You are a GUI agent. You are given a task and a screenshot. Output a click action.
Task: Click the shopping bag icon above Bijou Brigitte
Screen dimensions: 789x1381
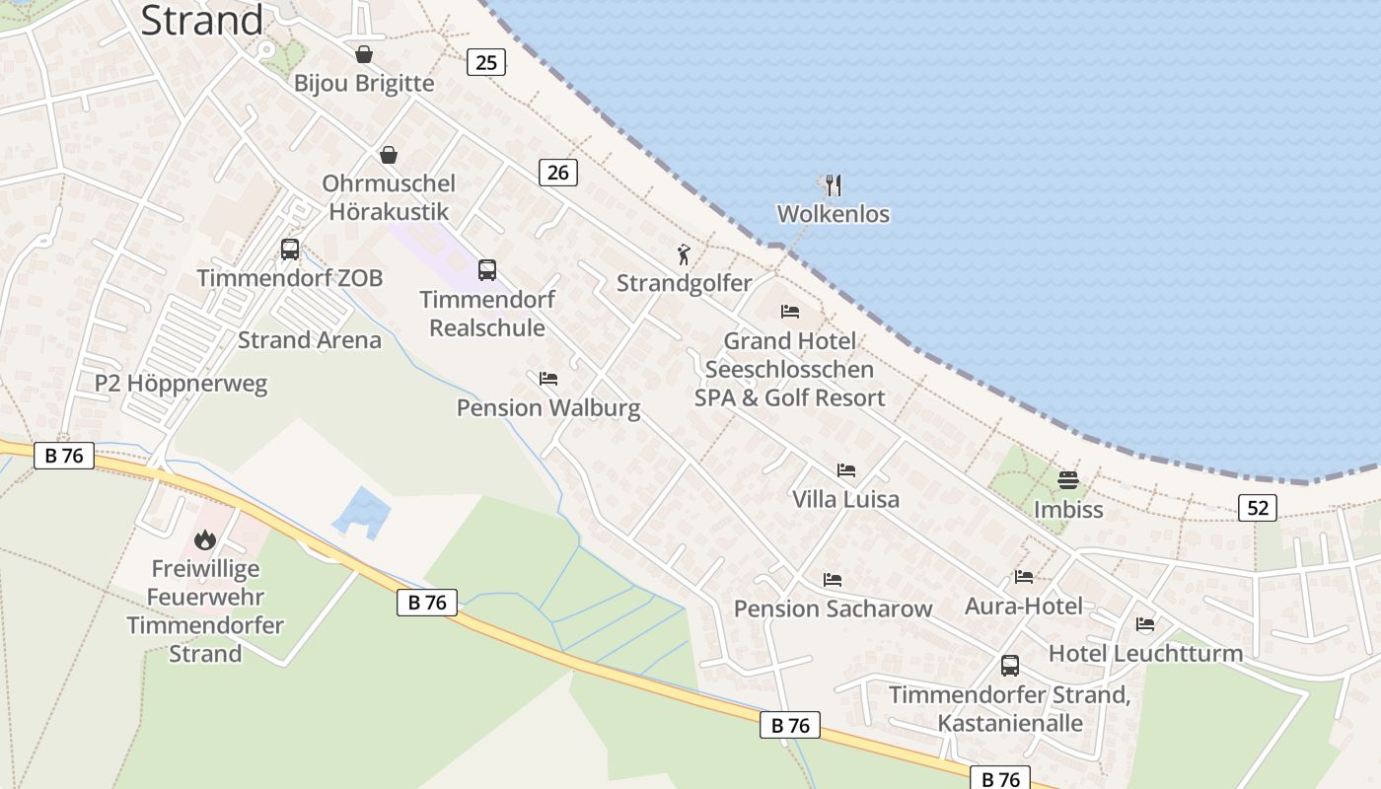click(x=364, y=54)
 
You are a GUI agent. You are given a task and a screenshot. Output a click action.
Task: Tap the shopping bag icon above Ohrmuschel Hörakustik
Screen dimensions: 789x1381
click(x=389, y=155)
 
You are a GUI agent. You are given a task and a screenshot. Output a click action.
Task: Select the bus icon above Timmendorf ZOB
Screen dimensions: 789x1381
click(x=289, y=250)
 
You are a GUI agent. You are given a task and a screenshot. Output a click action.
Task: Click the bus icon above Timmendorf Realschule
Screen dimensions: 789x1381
click(x=486, y=270)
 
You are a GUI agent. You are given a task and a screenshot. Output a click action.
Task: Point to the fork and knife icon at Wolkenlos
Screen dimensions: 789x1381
click(x=834, y=184)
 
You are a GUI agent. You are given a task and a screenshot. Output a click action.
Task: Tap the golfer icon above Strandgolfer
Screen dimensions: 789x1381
click(x=684, y=254)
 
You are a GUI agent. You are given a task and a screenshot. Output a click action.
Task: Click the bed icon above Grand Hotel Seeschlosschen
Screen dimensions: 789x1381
click(x=790, y=312)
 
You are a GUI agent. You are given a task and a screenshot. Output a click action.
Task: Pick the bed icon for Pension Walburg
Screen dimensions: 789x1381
click(x=548, y=379)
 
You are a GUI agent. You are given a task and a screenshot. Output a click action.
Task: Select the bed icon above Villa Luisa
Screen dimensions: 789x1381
click(x=846, y=470)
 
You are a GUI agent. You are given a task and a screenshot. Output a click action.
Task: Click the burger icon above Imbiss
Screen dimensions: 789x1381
click(x=1068, y=480)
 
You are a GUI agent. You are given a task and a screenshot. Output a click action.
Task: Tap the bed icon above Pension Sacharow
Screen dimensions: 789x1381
click(x=833, y=580)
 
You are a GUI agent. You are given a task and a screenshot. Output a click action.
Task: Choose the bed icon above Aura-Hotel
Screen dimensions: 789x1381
click(x=1024, y=577)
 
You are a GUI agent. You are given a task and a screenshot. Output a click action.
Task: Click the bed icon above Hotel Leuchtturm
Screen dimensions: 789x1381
click(x=1145, y=624)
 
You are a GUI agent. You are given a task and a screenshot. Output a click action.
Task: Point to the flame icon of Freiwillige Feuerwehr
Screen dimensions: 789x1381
click(x=205, y=539)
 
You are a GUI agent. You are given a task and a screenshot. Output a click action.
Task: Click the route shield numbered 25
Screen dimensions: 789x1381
click(x=485, y=63)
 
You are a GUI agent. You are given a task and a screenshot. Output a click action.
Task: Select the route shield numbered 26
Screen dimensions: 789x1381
click(x=558, y=173)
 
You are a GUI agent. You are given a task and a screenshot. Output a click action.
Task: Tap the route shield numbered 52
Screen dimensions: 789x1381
click(x=1258, y=508)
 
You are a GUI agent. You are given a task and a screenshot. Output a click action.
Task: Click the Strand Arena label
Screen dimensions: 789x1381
click(x=310, y=340)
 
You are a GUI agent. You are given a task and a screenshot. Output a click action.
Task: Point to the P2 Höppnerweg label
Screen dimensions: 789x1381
click(x=182, y=384)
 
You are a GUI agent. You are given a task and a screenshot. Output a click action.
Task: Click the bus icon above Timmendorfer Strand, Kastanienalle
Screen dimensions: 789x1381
click(x=1010, y=666)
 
